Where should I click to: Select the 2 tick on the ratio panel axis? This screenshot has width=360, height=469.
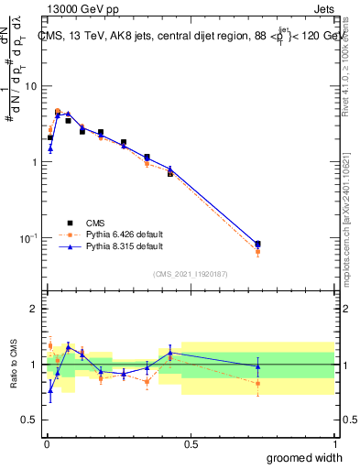tap(36, 309)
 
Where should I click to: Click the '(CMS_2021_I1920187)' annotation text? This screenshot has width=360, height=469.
tap(190, 273)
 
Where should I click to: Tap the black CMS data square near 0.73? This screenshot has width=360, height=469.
tap(257, 244)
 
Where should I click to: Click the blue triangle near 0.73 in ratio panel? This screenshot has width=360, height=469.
tap(257, 366)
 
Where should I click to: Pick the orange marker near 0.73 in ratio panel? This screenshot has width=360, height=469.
tap(257, 384)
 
